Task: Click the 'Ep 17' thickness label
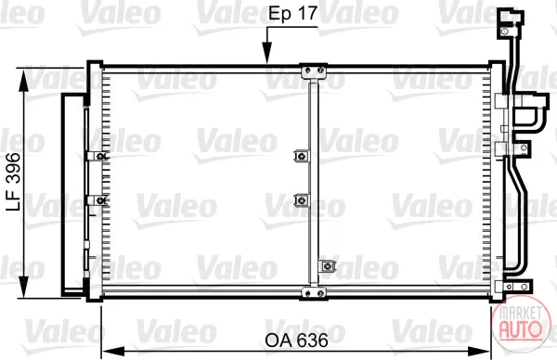coord(292,14)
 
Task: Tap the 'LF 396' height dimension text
coord(14,182)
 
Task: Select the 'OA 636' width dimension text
coord(297,341)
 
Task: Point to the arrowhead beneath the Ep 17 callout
coord(266,53)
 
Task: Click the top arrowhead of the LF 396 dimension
coord(23,80)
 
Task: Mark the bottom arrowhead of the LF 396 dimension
coord(23,286)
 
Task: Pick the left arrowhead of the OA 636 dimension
coord(113,352)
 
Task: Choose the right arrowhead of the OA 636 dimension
coord(479,352)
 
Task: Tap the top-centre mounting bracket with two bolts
coord(314,71)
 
